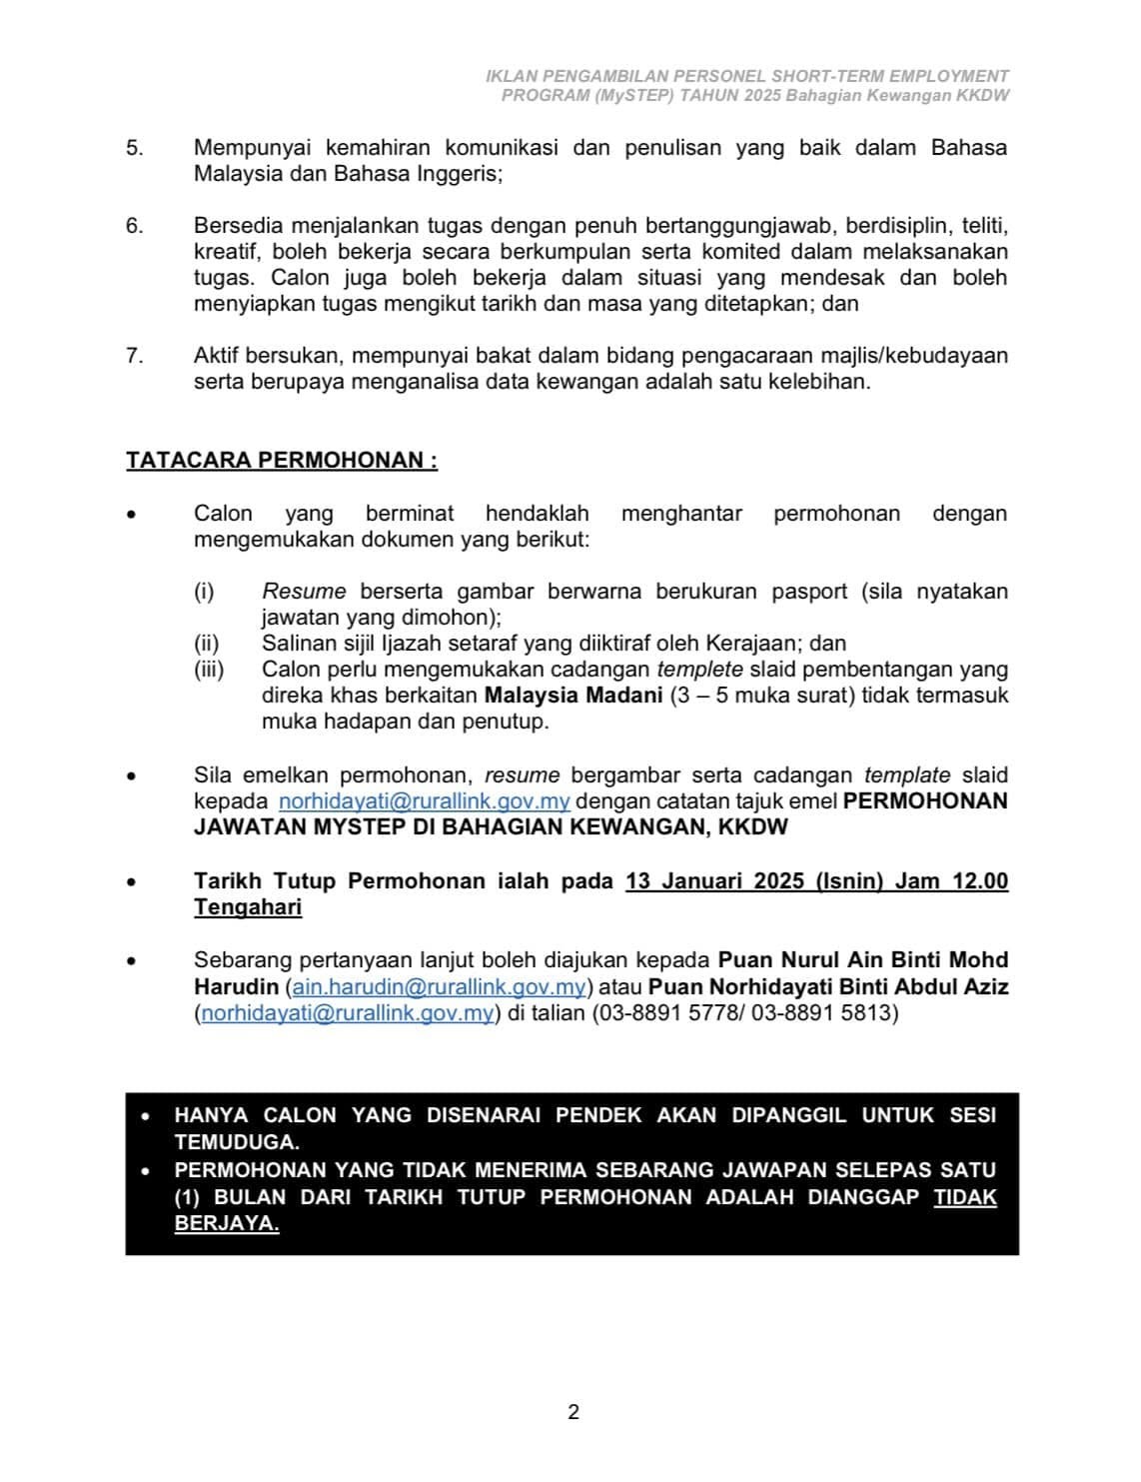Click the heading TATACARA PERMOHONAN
[x=281, y=461]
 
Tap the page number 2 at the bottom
[x=573, y=1412]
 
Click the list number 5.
[x=134, y=148]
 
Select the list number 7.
[x=134, y=356]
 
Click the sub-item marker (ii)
[x=207, y=644]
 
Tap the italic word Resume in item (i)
[x=304, y=592]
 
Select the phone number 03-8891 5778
[x=665, y=1013]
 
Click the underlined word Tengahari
[x=248, y=907]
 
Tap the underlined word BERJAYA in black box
[x=226, y=1223]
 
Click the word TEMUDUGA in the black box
[x=236, y=1141]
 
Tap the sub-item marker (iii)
[x=209, y=670]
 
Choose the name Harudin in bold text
[x=236, y=987]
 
